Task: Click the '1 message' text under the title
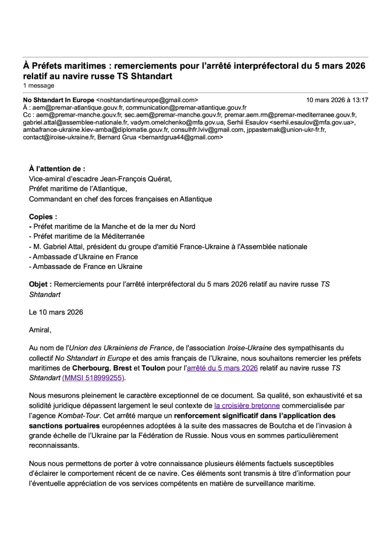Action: (x=38, y=85)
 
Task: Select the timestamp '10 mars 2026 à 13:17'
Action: (x=337, y=100)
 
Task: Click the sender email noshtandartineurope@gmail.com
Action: (x=147, y=100)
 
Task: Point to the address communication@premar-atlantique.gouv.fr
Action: (x=186, y=107)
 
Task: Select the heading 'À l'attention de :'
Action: (x=57, y=169)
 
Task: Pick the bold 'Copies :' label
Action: (x=43, y=217)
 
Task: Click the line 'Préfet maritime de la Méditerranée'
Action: (x=87, y=237)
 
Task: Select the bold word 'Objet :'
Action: (x=41, y=285)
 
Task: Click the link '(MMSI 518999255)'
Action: (x=93, y=378)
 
